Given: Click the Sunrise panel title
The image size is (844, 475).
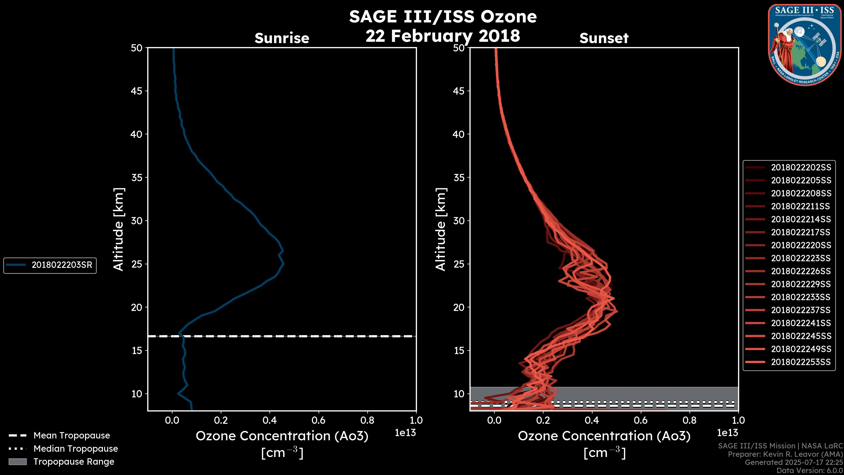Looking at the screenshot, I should click(x=282, y=38).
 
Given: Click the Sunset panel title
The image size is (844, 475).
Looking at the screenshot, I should click(x=604, y=38).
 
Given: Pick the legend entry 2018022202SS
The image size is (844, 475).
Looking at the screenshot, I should click(x=801, y=168).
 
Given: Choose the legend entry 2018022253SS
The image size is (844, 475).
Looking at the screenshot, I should click(x=801, y=362).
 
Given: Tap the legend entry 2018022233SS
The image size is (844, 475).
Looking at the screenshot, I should click(x=801, y=297).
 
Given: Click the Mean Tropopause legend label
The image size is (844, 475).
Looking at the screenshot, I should click(x=72, y=435).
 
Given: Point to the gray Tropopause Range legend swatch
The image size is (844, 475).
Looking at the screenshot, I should click(x=17, y=462).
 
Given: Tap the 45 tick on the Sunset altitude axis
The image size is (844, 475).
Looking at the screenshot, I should click(x=459, y=91).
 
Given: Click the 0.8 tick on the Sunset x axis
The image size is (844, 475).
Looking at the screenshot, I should click(x=689, y=420).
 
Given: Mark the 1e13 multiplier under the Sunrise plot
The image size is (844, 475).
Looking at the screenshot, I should click(x=405, y=433).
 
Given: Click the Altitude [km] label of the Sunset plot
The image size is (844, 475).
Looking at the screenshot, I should click(x=441, y=229).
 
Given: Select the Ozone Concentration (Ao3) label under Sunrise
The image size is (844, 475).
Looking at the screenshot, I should click(x=282, y=436).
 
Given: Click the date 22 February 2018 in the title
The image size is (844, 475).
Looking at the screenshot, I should click(x=443, y=36).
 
